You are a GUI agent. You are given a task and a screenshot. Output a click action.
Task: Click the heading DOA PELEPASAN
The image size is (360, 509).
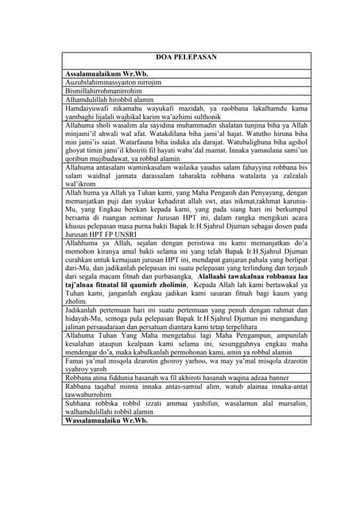(180, 58)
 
